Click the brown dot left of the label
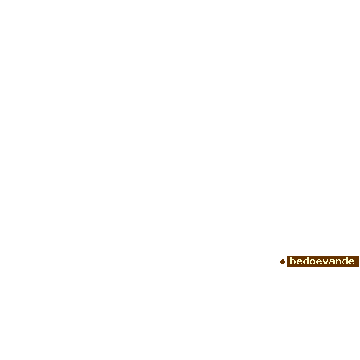[x=282, y=261]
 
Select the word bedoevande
[x=322, y=261]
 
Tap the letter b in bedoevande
[x=293, y=261]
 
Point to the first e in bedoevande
[x=300, y=262]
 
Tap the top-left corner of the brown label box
[x=287, y=256]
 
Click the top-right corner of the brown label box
[x=359, y=256]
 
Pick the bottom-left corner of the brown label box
[x=287, y=267]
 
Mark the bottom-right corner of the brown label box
[x=359, y=267]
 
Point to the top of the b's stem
[x=291, y=257]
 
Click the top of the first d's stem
[x=309, y=257]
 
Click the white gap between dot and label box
[x=286, y=261]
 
